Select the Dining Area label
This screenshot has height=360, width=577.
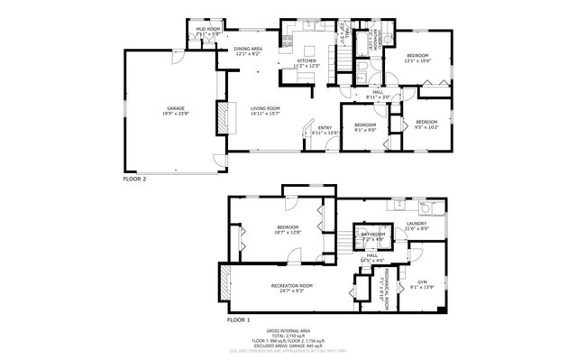(248, 51)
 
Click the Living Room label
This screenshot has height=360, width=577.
(266, 111)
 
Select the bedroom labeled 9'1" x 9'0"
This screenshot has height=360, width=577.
(364, 127)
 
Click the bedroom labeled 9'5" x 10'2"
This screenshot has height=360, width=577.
(426, 124)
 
